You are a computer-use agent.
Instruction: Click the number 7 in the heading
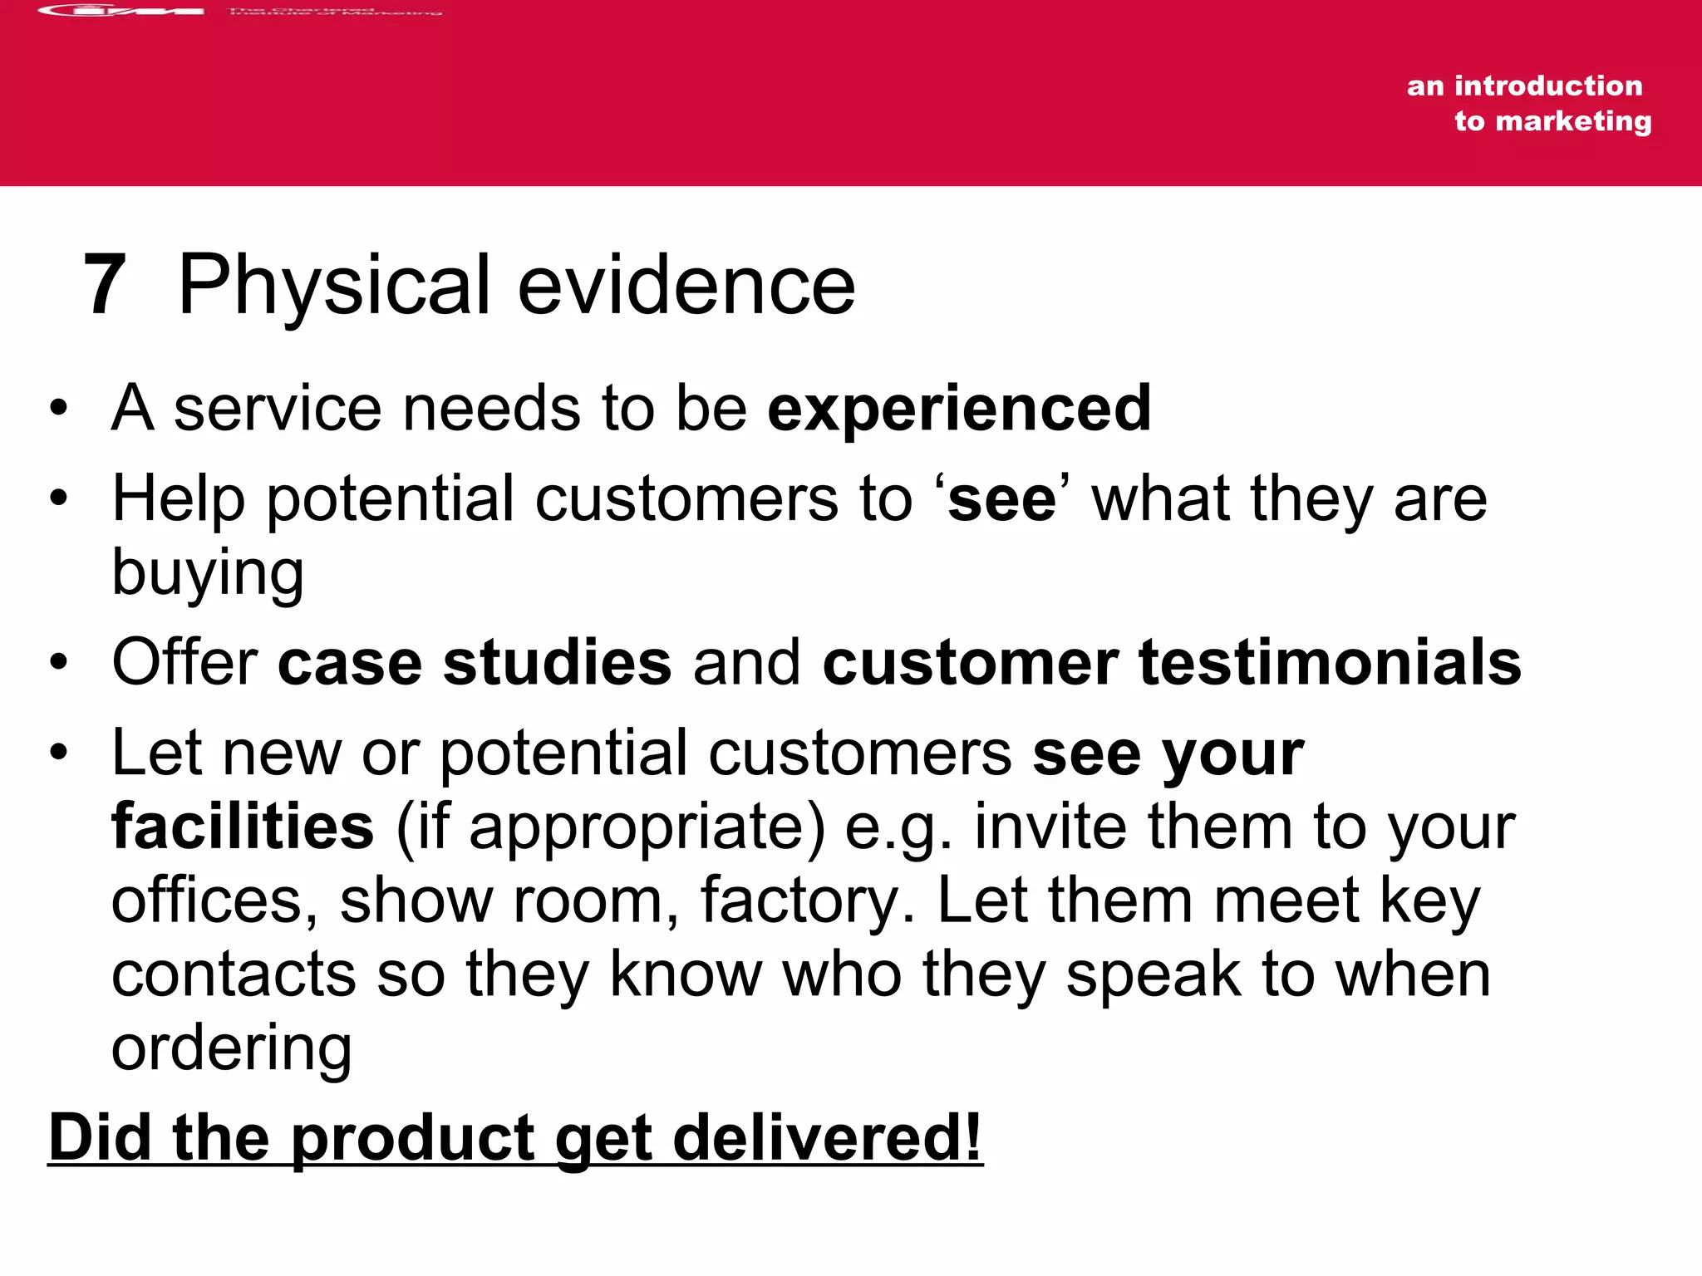pos(105,285)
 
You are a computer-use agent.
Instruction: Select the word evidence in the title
pos(686,285)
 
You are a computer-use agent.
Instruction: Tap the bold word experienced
pos(959,409)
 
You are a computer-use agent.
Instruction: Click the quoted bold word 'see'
pos(1001,499)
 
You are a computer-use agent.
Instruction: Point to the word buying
pos(208,573)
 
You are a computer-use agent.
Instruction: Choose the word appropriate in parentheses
pos(647,827)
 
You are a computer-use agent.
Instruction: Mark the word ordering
pos(231,1048)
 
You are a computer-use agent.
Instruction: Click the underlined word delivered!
pos(827,1138)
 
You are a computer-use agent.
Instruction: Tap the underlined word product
pos(413,1138)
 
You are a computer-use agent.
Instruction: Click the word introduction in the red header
pos(1547,86)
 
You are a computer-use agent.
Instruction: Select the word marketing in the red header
pos(1572,121)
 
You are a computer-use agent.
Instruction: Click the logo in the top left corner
pos(121,11)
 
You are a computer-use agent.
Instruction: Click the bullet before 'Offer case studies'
pos(57,663)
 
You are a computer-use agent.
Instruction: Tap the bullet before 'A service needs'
pos(57,409)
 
